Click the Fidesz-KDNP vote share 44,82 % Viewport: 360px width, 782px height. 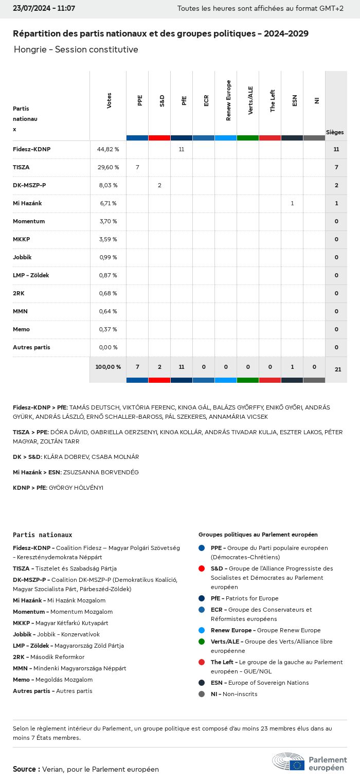108,149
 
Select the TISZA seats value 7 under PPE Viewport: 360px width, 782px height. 137,167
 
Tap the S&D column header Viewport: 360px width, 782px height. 162,100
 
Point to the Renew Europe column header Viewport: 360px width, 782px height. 228,100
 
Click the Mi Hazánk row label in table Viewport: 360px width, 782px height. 27,203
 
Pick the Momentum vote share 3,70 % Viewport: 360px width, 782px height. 108,221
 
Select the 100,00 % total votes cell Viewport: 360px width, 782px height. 108,367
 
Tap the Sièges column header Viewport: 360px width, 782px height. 335,132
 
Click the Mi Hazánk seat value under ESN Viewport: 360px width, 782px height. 292,203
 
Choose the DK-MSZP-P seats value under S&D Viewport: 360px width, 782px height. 159,185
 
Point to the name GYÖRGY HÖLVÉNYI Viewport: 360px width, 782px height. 76,488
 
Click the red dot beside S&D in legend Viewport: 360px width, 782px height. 202,568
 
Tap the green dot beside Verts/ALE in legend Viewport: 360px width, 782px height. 202,642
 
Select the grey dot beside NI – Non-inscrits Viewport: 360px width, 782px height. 202,694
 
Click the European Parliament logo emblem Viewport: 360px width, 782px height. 289,761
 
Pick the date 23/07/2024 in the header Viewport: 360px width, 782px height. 29,8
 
